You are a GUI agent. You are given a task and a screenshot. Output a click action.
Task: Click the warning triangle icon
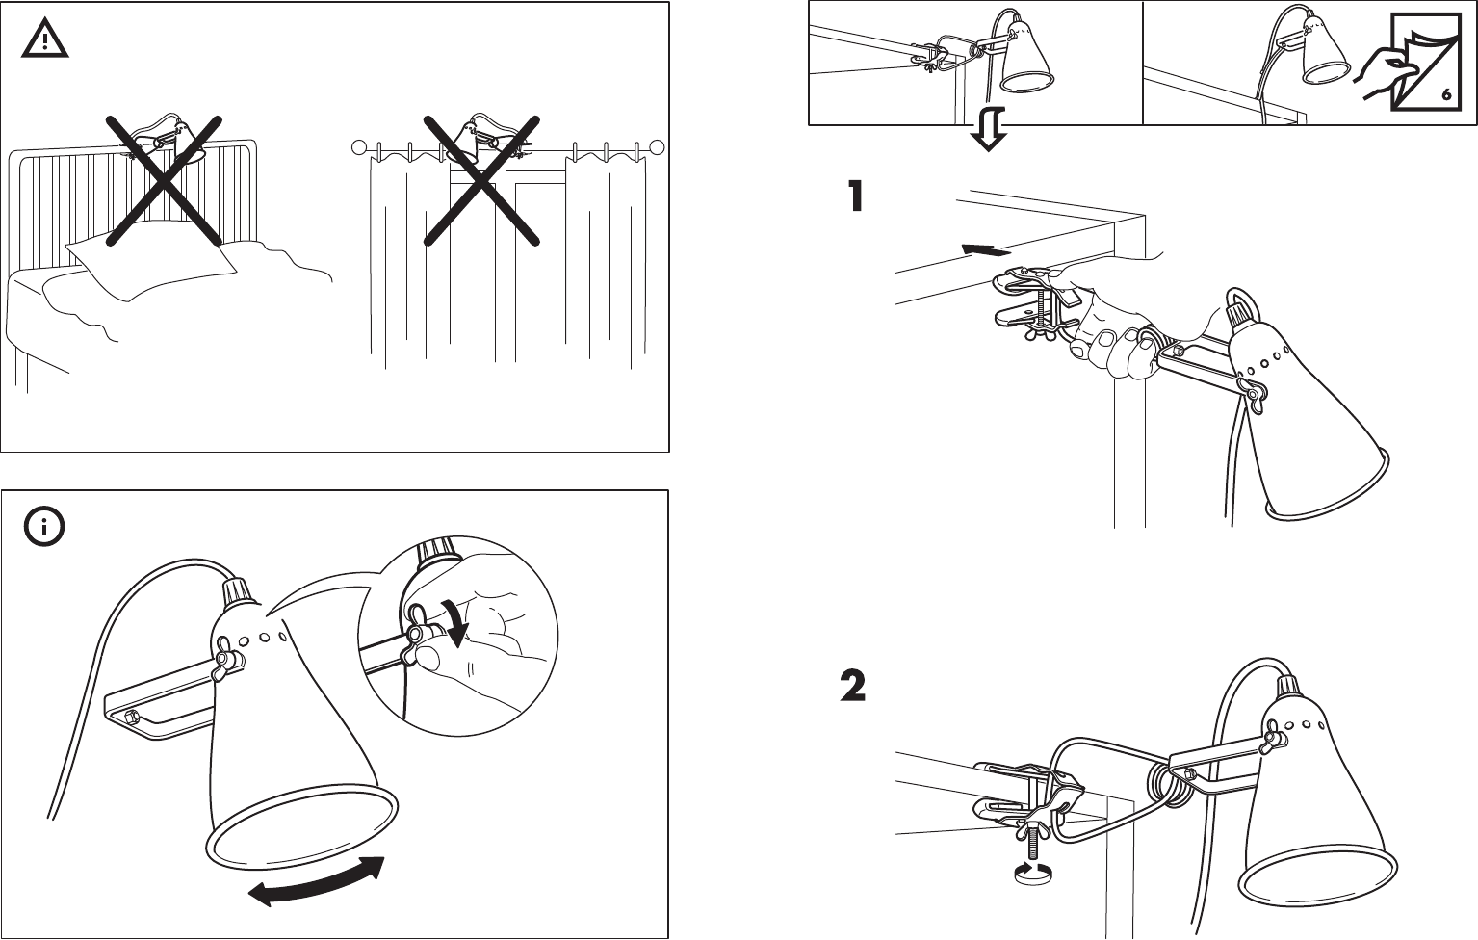pos(42,38)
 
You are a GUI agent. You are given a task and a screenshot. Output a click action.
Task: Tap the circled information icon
pos(42,526)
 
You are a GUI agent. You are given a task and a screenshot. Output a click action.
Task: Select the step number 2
pos(853,687)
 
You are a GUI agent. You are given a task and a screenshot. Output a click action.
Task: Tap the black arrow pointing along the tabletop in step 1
pos(986,250)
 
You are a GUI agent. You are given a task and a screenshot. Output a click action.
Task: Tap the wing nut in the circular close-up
pos(421,640)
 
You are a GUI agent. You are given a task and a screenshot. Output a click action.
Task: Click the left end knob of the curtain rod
pos(360,147)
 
